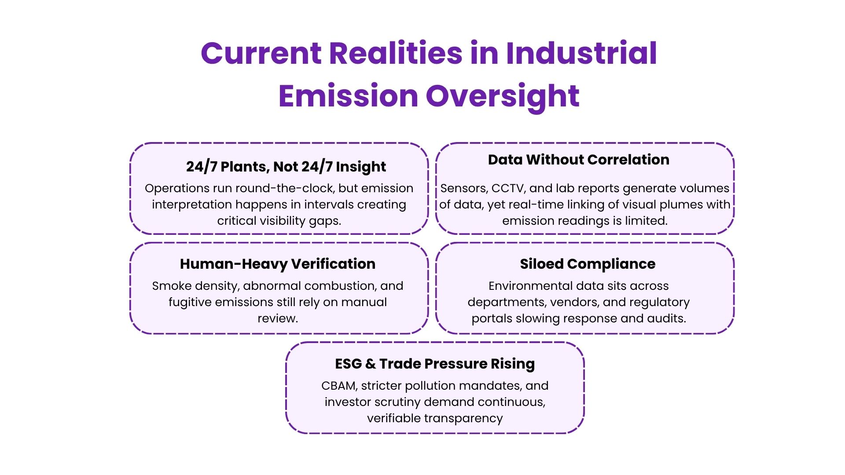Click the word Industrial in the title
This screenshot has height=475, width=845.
[581, 53]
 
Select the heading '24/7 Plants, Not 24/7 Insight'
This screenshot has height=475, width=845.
[286, 167]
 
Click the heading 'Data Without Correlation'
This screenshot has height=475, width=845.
[578, 160]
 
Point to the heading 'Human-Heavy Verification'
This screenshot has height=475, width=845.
[278, 264]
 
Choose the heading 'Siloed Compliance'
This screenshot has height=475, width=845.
[588, 264]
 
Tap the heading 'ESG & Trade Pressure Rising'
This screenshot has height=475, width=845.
[435, 364]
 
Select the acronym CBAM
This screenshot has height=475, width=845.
[339, 386]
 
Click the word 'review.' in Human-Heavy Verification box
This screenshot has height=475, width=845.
[278, 319]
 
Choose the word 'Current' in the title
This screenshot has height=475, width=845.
[261, 53]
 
